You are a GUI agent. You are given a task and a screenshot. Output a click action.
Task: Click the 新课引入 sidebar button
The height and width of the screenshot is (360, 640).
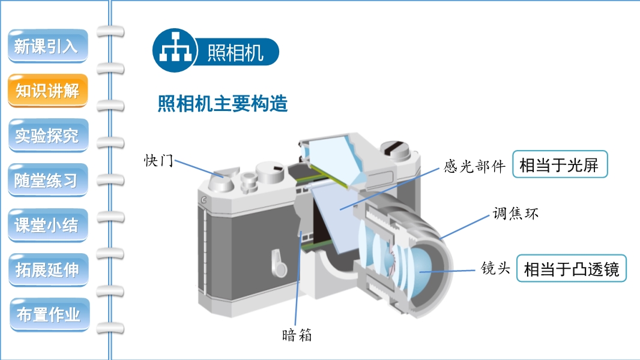[48, 46]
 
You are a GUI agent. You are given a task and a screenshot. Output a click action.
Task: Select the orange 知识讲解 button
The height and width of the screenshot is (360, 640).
[48, 91]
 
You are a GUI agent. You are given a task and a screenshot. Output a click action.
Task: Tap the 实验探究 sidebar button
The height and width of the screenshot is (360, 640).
[48, 136]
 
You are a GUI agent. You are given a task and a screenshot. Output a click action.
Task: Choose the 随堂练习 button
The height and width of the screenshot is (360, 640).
[48, 180]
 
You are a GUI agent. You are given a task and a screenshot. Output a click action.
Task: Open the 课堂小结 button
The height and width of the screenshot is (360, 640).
[48, 225]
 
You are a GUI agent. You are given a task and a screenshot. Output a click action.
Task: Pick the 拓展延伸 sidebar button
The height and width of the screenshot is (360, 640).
[48, 270]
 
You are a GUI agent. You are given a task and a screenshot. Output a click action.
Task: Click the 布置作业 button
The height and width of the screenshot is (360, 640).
[49, 315]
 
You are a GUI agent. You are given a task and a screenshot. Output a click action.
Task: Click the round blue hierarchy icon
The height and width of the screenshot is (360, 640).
[175, 50]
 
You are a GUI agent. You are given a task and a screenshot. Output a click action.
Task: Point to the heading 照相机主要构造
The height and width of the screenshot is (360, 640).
[223, 104]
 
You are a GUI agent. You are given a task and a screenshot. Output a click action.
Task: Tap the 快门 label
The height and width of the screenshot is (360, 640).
[158, 160]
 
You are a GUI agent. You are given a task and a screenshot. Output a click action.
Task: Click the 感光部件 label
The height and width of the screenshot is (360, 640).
[475, 166]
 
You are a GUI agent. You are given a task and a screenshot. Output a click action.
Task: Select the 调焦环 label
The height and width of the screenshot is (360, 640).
[516, 213]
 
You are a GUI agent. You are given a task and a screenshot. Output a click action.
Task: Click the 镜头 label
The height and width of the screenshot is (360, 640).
[495, 268]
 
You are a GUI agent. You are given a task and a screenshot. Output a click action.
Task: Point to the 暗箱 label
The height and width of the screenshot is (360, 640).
[297, 335]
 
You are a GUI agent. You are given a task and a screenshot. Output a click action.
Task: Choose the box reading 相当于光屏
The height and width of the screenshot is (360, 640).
[560, 164]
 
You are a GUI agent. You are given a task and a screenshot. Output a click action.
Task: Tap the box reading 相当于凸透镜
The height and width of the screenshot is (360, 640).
[572, 268]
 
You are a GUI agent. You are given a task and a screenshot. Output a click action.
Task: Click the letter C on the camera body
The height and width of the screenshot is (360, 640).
[204, 199]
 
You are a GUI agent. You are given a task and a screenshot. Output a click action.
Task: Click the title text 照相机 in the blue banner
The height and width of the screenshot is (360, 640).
[235, 53]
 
